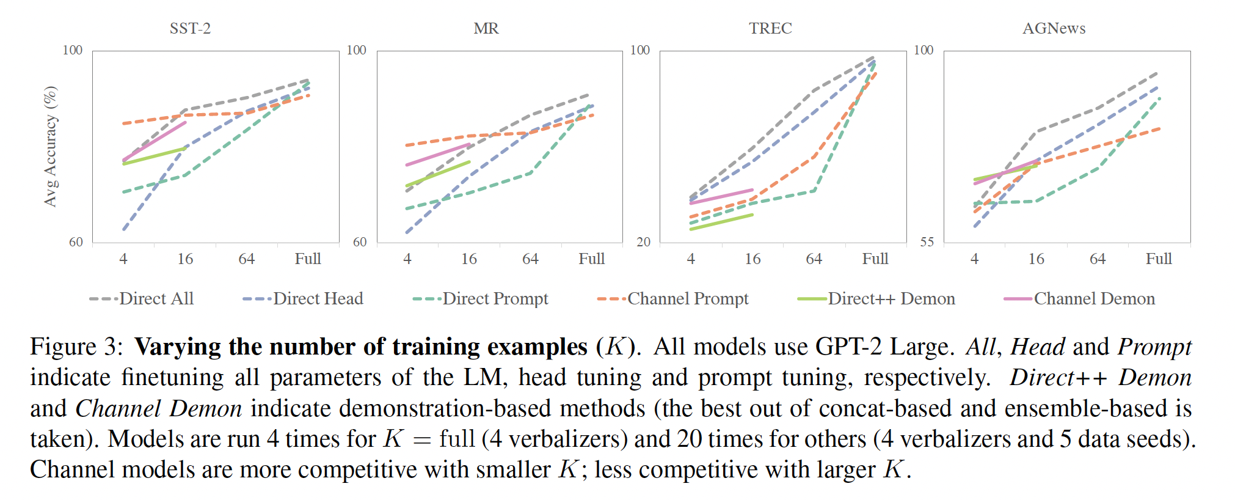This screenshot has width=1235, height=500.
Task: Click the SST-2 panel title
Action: coord(190,28)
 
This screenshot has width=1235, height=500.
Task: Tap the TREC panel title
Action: coord(770,28)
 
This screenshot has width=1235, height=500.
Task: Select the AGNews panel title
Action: coord(1054,28)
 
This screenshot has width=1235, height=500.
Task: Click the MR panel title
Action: coord(486,28)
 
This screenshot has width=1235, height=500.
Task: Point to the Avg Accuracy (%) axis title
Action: coord(51,146)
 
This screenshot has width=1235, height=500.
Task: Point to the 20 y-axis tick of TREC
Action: coord(643,242)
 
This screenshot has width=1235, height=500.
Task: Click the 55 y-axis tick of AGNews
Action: coord(927,242)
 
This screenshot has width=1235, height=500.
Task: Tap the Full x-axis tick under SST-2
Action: coord(308,259)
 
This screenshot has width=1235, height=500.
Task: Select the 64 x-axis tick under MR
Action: coord(530,259)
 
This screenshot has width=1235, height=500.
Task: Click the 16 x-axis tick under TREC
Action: coord(752,259)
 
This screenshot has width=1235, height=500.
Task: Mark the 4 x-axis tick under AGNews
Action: coord(974,259)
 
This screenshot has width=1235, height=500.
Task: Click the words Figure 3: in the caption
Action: coord(76,347)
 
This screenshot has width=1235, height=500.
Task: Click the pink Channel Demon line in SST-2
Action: coord(155,141)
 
